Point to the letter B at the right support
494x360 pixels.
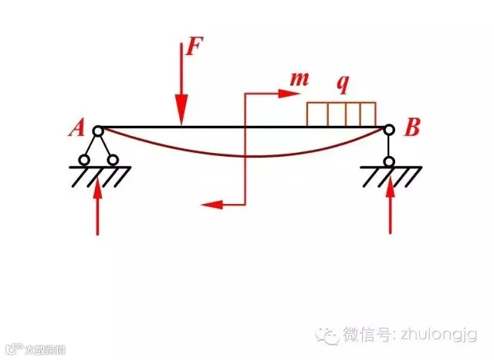[411, 128]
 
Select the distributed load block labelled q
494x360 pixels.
[341, 114]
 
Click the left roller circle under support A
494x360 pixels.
[83, 161]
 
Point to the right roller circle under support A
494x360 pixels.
[113, 161]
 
